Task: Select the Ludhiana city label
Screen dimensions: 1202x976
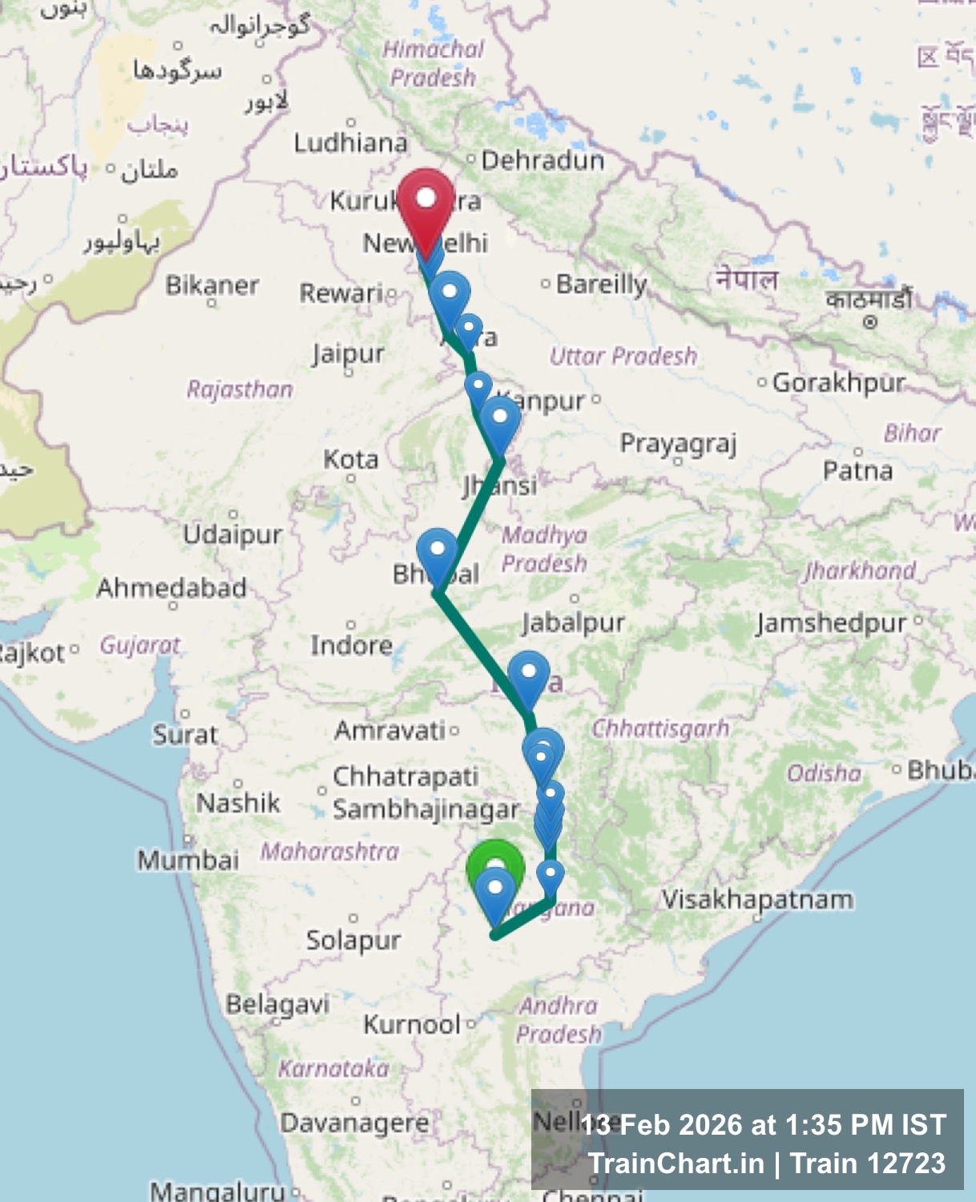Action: tap(350, 143)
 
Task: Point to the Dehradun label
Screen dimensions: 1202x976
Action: tap(542, 161)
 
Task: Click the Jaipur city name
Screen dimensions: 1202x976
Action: tap(348, 353)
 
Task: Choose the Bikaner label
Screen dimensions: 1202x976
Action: tap(212, 285)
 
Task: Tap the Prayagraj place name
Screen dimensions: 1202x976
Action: tap(678, 444)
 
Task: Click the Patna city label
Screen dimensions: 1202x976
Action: tap(857, 470)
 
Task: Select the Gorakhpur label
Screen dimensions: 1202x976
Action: tap(838, 383)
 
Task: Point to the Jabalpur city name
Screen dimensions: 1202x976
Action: tap(573, 623)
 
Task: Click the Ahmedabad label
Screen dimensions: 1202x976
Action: tap(171, 588)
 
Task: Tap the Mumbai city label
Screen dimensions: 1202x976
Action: tap(188, 861)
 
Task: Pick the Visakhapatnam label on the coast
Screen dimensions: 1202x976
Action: tap(757, 900)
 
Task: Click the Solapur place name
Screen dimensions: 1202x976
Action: tap(353, 940)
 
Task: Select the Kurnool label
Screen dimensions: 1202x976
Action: tap(412, 1024)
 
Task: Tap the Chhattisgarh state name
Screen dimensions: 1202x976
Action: tap(660, 728)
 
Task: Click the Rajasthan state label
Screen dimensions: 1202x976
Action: tap(240, 389)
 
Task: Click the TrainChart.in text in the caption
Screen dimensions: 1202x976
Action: tap(676, 1163)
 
